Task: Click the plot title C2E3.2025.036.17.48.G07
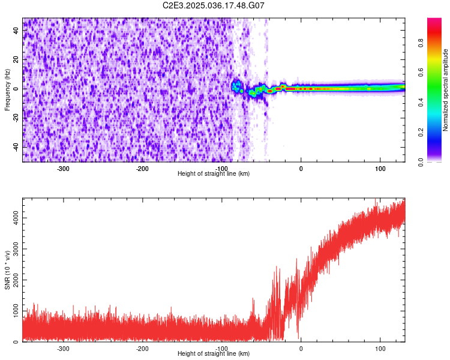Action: tap(214, 5)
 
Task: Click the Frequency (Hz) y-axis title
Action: tap(7, 89)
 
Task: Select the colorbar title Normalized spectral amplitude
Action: tap(446, 90)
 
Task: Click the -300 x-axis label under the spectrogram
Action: tap(63, 169)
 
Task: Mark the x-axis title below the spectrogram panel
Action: tap(214, 174)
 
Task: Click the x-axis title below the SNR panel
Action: tap(214, 354)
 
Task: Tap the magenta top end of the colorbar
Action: tap(434, 20)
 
